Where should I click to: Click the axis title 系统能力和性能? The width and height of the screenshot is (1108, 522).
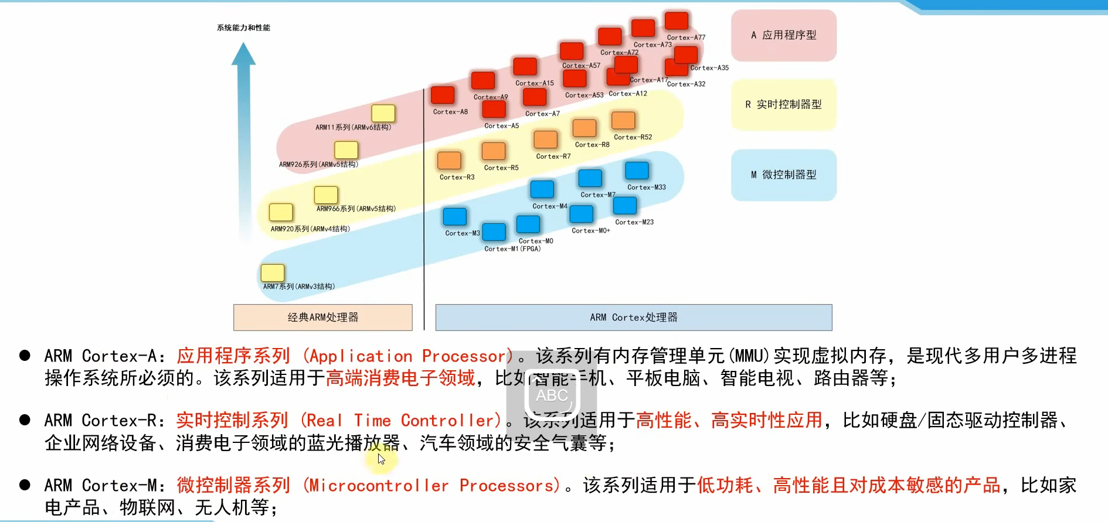[x=243, y=28]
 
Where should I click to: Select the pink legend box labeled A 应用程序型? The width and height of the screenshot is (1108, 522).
[x=783, y=35]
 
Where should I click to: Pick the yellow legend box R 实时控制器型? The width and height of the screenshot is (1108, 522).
[x=783, y=105]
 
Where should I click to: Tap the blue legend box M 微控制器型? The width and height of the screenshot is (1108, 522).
[x=783, y=175]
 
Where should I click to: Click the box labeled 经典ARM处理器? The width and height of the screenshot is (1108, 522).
[x=322, y=318]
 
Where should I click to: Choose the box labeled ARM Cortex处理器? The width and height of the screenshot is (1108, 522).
[x=633, y=318]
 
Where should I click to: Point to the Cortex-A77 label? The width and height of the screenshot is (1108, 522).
[x=686, y=37]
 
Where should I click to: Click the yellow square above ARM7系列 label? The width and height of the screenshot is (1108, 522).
[x=273, y=273]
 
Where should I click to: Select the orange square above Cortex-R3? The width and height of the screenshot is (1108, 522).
[x=449, y=160]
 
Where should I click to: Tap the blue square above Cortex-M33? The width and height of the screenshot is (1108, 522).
[x=637, y=170]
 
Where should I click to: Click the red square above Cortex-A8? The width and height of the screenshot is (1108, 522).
[x=443, y=95]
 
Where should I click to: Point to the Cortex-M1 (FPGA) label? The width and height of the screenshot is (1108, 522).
[x=512, y=249]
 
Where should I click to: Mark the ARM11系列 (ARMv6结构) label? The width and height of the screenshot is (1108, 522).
[x=353, y=127]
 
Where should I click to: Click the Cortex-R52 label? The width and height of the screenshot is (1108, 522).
[x=633, y=137]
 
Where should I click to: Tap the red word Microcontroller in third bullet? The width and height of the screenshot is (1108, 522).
[x=379, y=486]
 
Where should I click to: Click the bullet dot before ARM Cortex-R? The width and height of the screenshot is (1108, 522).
[x=25, y=419]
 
